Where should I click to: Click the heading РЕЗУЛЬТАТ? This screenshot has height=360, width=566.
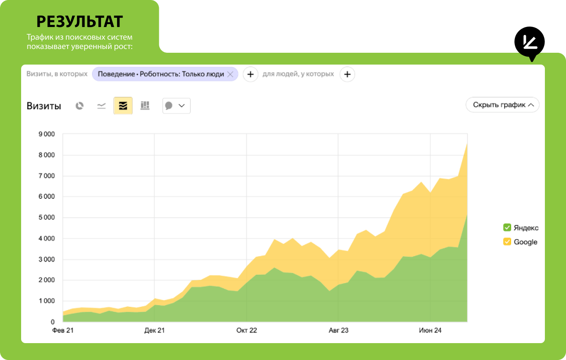pyautogui.click(x=79, y=21)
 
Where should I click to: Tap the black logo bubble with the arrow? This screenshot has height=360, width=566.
pyautogui.click(x=529, y=43)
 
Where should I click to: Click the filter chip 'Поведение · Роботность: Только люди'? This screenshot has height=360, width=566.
pyautogui.click(x=161, y=74)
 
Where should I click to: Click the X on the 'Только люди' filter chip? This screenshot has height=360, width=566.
pyautogui.click(x=230, y=74)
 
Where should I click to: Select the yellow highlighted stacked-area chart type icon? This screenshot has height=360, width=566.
pyautogui.click(x=123, y=106)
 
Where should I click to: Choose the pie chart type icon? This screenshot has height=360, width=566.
pyautogui.click(x=79, y=106)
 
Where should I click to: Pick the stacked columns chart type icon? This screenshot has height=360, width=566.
pyautogui.click(x=145, y=106)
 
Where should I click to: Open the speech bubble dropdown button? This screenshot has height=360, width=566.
pyautogui.click(x=176, y=106)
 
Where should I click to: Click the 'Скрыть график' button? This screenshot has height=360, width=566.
pyautogui.click(x=502, y=105)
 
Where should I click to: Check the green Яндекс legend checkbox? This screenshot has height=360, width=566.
pyautogui.click(x=507, y=227)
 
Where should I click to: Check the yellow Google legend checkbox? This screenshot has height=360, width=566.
pyautogui.click(x=507, y=242)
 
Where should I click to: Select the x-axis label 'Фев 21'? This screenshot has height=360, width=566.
pyautogui.click(x=63, y=330)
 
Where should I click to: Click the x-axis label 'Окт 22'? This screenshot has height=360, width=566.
pyautogui.click(x=247, y=330)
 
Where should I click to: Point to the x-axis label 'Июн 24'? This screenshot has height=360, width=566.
pyautogui.click(x=430, y=330)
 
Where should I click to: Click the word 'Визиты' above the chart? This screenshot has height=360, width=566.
pyautogui.click(x=44, y=106)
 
